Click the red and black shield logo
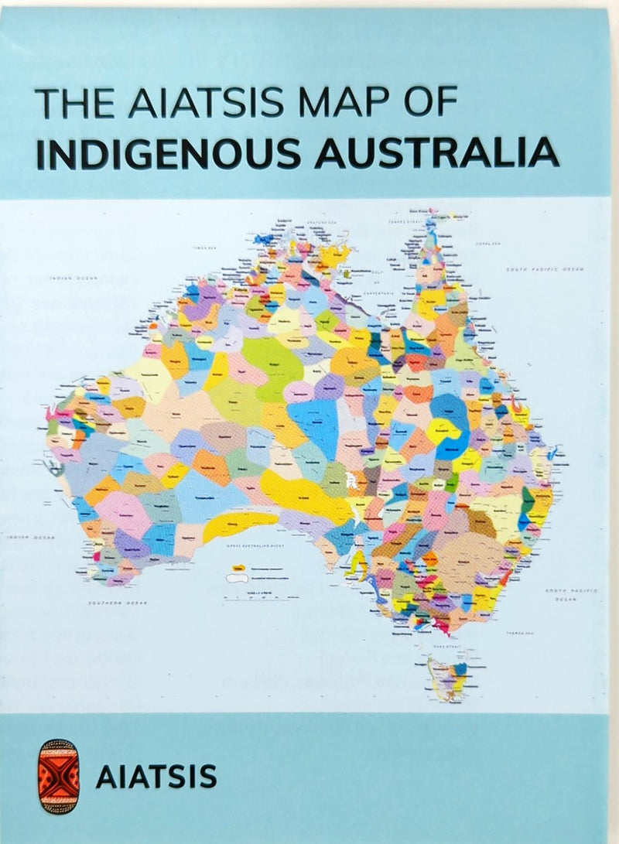point(60,776)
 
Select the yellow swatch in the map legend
point(238,569)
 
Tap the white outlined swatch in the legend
point(238,578)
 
